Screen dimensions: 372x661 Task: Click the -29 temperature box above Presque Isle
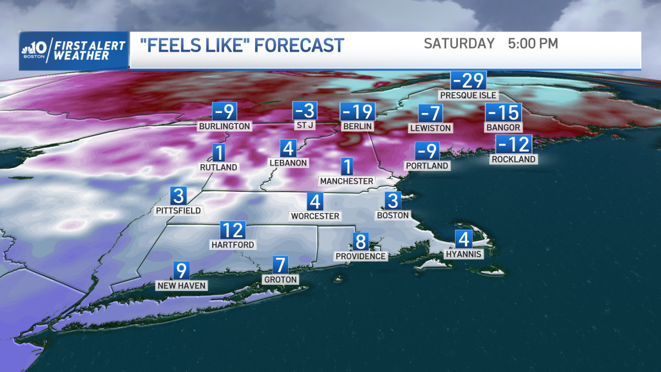[468, 80]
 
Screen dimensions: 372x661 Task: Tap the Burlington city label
[225, 126]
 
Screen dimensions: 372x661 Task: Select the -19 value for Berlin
[357, 112]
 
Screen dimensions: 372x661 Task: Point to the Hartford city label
[232, 244]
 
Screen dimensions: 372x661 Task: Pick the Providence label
[361, 256]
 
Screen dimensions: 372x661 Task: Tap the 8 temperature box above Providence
[361, 241]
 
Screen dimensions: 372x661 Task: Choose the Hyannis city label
[464, 254]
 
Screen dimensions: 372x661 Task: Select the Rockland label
[514, 159]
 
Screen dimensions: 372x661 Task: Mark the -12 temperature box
[514, 144]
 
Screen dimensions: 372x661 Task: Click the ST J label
[305, 126]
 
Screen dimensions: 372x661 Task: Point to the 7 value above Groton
[281, 265]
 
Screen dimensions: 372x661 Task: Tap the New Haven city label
[182, 285]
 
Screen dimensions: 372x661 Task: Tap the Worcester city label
[315, 216]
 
